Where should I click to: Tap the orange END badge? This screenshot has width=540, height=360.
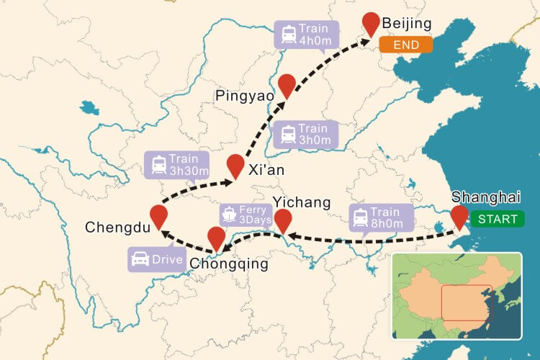(x=407, y=45)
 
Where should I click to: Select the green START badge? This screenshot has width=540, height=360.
(x=498, y=219)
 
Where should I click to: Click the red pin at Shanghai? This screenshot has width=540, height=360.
(x=459, y=216)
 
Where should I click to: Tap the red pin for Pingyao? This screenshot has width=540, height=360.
(x=287, y=84)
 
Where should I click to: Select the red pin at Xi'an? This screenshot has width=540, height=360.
(x=235, y=164)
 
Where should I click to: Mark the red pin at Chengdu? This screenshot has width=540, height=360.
(x=158, y=215)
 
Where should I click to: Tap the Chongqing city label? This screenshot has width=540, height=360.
(x=228, y=265)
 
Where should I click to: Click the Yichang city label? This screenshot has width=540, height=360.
(x=302, y=202)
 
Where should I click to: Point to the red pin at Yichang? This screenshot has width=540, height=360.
(x=284, y=220)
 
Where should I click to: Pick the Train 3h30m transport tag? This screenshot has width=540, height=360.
(x=176, y=164)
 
